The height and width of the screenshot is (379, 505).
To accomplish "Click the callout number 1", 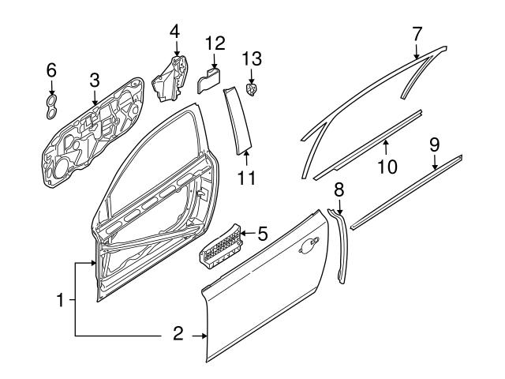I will coord(60,300).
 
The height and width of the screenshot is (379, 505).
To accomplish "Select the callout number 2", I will coord(178,335).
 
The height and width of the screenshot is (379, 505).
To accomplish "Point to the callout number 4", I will coord(175,32).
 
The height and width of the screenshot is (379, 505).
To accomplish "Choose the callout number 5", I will coord(262,233).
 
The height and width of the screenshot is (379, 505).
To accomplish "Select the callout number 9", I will coord(435,144).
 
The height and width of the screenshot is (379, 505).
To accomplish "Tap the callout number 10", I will coord(387,166).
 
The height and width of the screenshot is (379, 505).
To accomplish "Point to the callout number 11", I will coord(247,178).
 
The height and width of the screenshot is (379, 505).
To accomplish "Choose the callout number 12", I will coord(215,43).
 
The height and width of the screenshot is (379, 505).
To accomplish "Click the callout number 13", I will coord(252,58).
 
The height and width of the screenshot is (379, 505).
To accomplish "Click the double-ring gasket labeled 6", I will coord(51,107).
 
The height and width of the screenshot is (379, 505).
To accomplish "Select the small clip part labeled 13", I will coord(252,88).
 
